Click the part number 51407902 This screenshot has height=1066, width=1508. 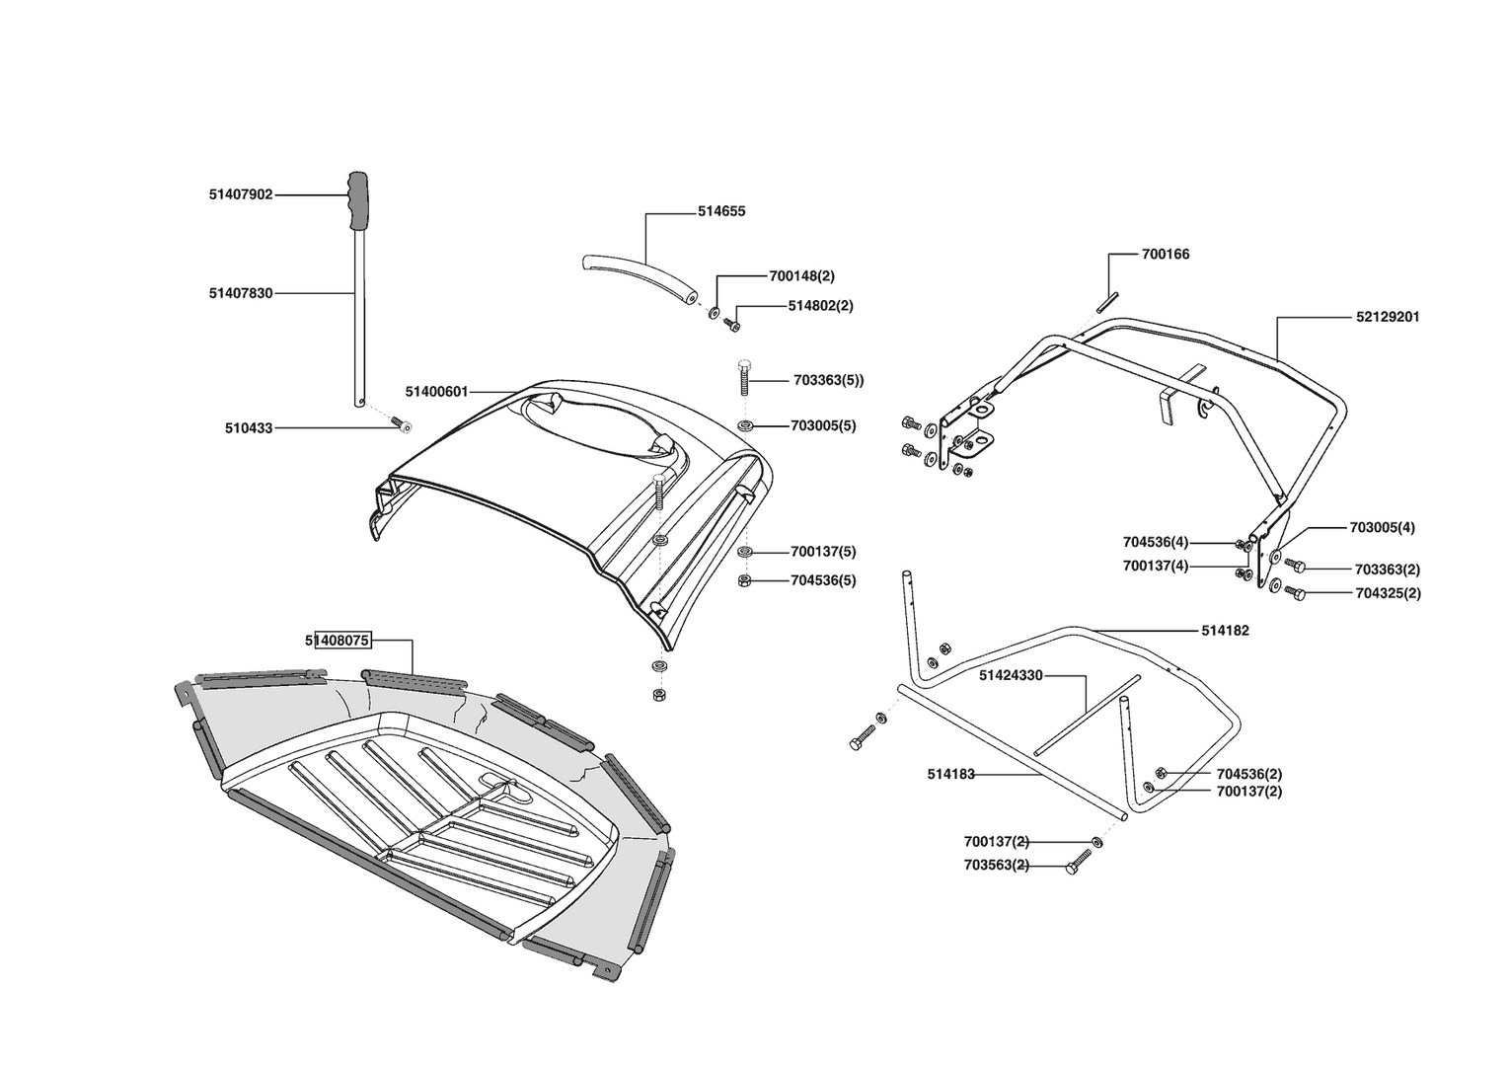click(x=240, y=194)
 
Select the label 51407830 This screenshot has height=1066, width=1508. click(x=240, y=293)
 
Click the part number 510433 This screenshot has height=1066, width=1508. click(x=249, y=428)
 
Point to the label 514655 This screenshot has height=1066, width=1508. click(x=721, y=211)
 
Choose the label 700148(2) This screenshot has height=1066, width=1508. click(x=801, y=276)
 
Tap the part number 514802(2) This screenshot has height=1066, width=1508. click(x=820, y=306)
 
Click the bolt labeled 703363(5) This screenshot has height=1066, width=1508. click(x=745, y=379)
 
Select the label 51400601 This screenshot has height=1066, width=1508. click(x=436, y=392)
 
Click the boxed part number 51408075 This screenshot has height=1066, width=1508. click(x=338, y=641)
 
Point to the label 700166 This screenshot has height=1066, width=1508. click(x=1166, y=254)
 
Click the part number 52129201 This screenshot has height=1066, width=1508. click(x=1388, y=317)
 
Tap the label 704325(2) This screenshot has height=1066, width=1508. click(x=1388, y=593)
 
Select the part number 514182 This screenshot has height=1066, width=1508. click(x=1225, y=630)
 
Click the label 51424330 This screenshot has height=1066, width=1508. click(x=1011, y=675)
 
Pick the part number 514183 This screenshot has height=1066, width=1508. click(x=950, y=775)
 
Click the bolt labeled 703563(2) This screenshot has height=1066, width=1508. click(x=1076, y=868)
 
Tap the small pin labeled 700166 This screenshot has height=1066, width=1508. click(x=1110, y=292)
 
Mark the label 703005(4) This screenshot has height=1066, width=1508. click(x=1382, y=527)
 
